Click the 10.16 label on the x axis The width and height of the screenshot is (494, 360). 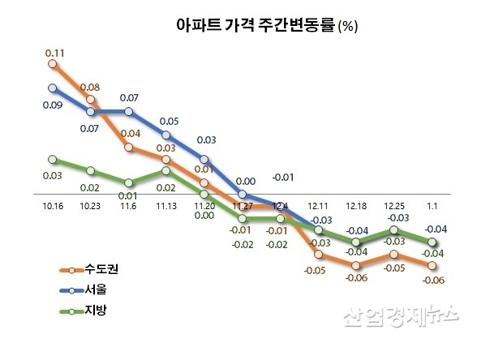click(53, 207)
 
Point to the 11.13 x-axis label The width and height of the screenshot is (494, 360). click(166, 207)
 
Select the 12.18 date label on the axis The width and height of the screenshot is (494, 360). click(356, 207)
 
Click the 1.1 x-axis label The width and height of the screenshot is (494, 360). click(432, 207)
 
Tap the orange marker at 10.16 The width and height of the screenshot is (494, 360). click(53, 62)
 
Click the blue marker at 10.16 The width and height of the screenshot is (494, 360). click(53, 88)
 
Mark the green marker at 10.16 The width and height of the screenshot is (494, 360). click(53, 159)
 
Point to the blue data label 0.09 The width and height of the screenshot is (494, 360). click(53, 104)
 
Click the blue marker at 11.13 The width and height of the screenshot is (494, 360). click(166, 135)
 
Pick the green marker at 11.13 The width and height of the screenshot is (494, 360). click(166, 170)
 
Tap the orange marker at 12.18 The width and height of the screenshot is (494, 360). click(357, 265)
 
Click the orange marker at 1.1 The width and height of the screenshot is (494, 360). click(433, 265)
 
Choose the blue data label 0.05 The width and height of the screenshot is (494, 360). click(169, 121)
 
